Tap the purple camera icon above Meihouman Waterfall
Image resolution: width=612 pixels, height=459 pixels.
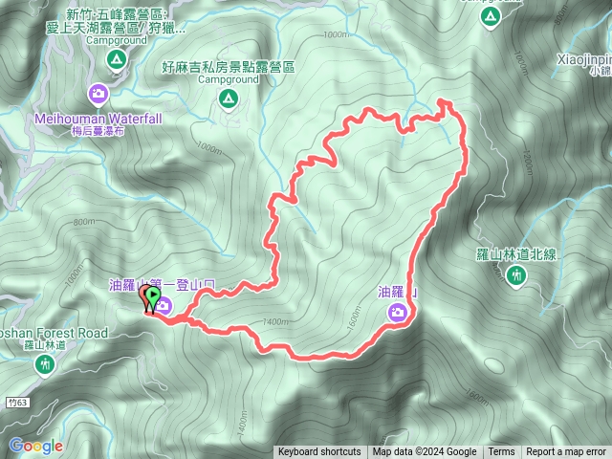tap(98, 94)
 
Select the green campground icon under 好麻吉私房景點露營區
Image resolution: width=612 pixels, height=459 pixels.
tap(228, 98)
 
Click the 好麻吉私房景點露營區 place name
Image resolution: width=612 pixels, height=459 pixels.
tap(229, 69)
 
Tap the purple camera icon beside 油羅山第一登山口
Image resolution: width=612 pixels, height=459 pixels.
tap(164, 306)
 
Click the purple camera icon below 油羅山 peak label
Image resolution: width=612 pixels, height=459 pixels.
tap(397, 312)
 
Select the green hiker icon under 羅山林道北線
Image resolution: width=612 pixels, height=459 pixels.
tap(517, 275)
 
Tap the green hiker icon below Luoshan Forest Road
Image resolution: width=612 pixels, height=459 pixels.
tap(44, 363)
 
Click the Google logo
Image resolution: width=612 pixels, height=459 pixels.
tap(35, 446)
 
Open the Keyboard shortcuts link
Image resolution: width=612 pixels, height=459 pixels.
tap(319, 452)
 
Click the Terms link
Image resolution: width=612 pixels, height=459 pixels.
tap(501, 452)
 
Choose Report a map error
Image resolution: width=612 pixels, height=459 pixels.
tap(566, 452)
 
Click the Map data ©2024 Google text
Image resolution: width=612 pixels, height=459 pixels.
tap(425, 452)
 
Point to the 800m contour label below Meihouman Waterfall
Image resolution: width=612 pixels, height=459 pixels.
tap(85, 222)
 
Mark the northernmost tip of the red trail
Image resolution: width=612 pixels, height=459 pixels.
tap(443, 100)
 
